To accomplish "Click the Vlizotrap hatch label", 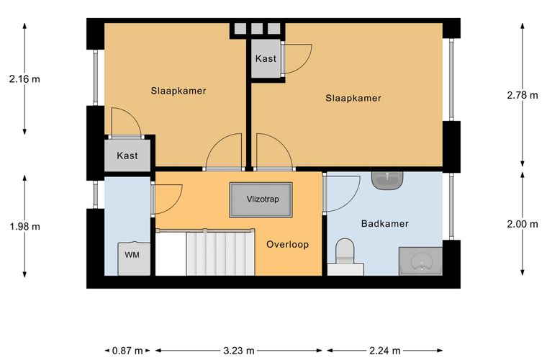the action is pos(262,199).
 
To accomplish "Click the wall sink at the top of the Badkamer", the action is pos(387,180).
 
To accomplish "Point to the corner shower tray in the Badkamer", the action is pos(421,261).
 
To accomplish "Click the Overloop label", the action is pos(287,245).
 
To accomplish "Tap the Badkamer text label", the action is pos(385,224).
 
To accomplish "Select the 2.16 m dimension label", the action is pos(24,79).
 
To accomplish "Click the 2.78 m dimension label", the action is pos(523,95).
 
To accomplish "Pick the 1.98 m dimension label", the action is pos(24,227).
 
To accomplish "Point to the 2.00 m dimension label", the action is pos(523,224).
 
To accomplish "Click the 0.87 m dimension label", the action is pos(127,351).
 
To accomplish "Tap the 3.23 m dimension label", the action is pos(239,351).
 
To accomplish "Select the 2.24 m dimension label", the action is pos(385,351).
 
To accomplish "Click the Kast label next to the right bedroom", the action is pos(266,58).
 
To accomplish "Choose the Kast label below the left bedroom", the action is pos(127,156).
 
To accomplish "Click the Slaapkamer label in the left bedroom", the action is pos(178,91).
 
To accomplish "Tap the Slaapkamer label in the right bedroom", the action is pos(353,98).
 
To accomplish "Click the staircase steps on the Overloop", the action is pos(220,253).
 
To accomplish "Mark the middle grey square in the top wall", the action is pos(257,29).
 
